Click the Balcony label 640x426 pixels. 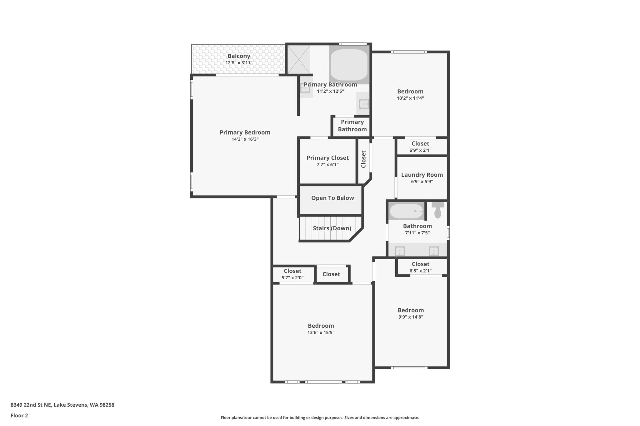239,56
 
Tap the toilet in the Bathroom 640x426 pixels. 437,210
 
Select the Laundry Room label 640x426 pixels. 422,175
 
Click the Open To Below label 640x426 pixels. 332,198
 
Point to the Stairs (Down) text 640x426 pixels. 332,228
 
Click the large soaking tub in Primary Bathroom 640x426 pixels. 349,65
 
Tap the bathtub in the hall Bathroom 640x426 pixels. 407,211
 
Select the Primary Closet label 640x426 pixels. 327,158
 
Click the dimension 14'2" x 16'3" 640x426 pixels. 245,139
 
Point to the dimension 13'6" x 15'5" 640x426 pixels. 321,333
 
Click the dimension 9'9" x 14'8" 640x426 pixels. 411,317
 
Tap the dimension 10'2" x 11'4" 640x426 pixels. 410,98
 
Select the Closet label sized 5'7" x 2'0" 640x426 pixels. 292,271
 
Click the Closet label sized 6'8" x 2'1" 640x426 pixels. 421,264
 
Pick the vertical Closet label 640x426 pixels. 363,159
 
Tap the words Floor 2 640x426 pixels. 19,416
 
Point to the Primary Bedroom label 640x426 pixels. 245,132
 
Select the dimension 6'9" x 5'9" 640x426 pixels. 422,182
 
